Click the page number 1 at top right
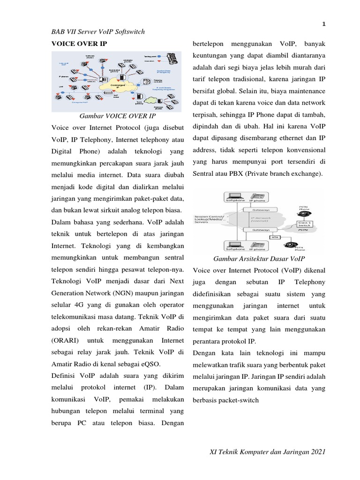point(324,23)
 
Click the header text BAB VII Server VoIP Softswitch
point(98,32)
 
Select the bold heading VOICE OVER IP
point(79,44)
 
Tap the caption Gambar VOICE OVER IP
point(117,116)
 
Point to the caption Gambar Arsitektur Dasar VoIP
point(259,258)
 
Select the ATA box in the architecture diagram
point(275,237)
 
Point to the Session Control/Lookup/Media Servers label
point(210,219)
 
